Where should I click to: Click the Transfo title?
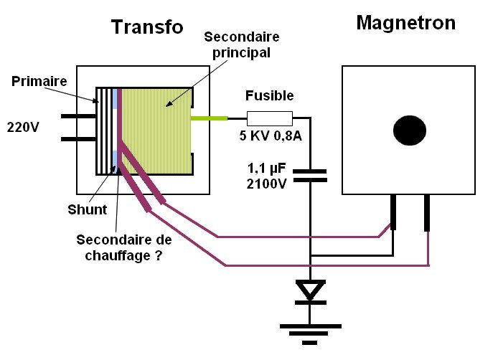[147, 27]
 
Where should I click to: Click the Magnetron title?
[405, 23]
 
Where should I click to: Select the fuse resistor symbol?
[269, 118]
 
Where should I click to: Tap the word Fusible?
[269, 95]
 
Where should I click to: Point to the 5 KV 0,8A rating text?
[271, 136]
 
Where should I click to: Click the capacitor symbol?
[310, 175]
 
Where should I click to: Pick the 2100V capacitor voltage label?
[267, 184]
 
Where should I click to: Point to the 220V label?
[24, 128]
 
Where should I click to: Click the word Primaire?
[39, 81]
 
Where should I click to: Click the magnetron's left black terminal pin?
[393, 212]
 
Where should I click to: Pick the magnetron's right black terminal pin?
[427, 213]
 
